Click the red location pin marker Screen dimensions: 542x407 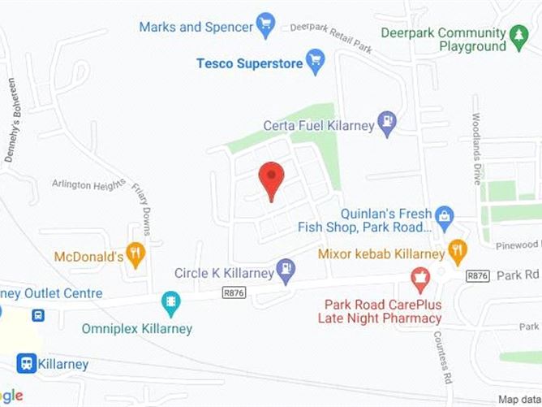[271, 179]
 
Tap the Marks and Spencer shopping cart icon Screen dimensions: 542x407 [265, 25]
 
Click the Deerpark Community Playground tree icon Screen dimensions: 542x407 [518, 35]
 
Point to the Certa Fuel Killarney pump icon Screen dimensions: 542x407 [388, 123]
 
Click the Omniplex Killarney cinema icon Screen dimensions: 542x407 [171, 304]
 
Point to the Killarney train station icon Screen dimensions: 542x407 [26, 364]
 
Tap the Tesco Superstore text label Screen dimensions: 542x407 [248, 63]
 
